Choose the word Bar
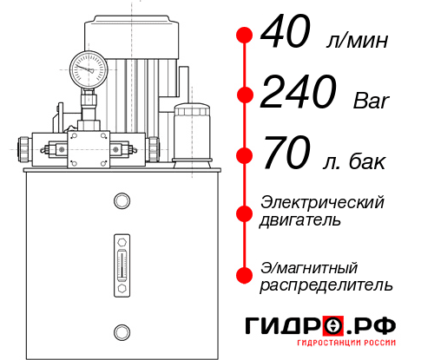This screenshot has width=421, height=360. click(372, 101)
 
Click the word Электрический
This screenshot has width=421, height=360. click(322, 202)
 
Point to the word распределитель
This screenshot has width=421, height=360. click(326, 285)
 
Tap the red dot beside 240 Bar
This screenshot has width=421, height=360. click(244, 95)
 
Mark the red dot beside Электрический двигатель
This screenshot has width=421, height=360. click(244, 212)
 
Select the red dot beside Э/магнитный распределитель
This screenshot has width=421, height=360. click(244, 275)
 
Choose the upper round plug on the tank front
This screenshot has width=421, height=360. click(121, 202)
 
